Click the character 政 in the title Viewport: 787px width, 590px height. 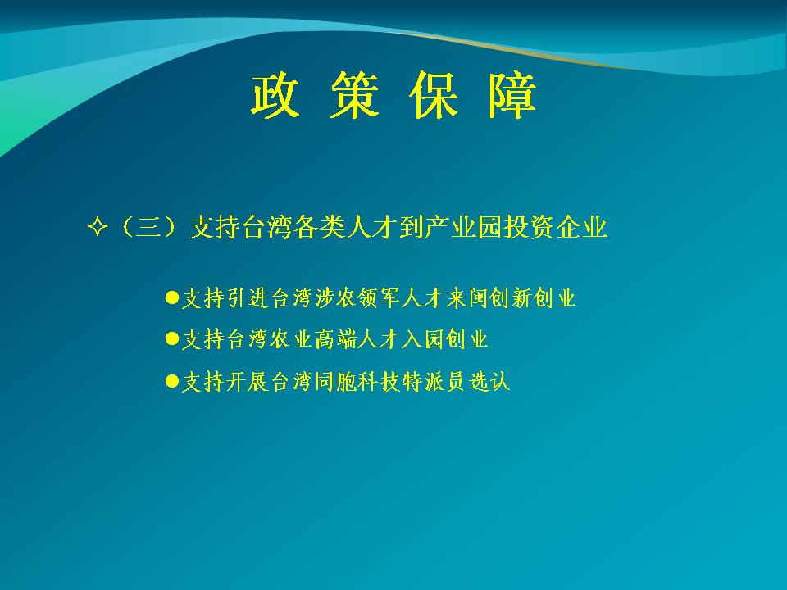point(275,95)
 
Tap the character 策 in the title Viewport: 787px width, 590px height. point(354,95)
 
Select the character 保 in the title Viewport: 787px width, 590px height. point(433,95)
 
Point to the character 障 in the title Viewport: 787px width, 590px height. point(512,95)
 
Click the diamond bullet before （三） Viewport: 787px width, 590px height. point(98,227)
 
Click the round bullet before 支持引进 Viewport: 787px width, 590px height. point(172,297)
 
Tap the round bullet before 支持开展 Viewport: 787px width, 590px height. point(172,381)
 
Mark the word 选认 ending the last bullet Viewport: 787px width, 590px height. point(489,382)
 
